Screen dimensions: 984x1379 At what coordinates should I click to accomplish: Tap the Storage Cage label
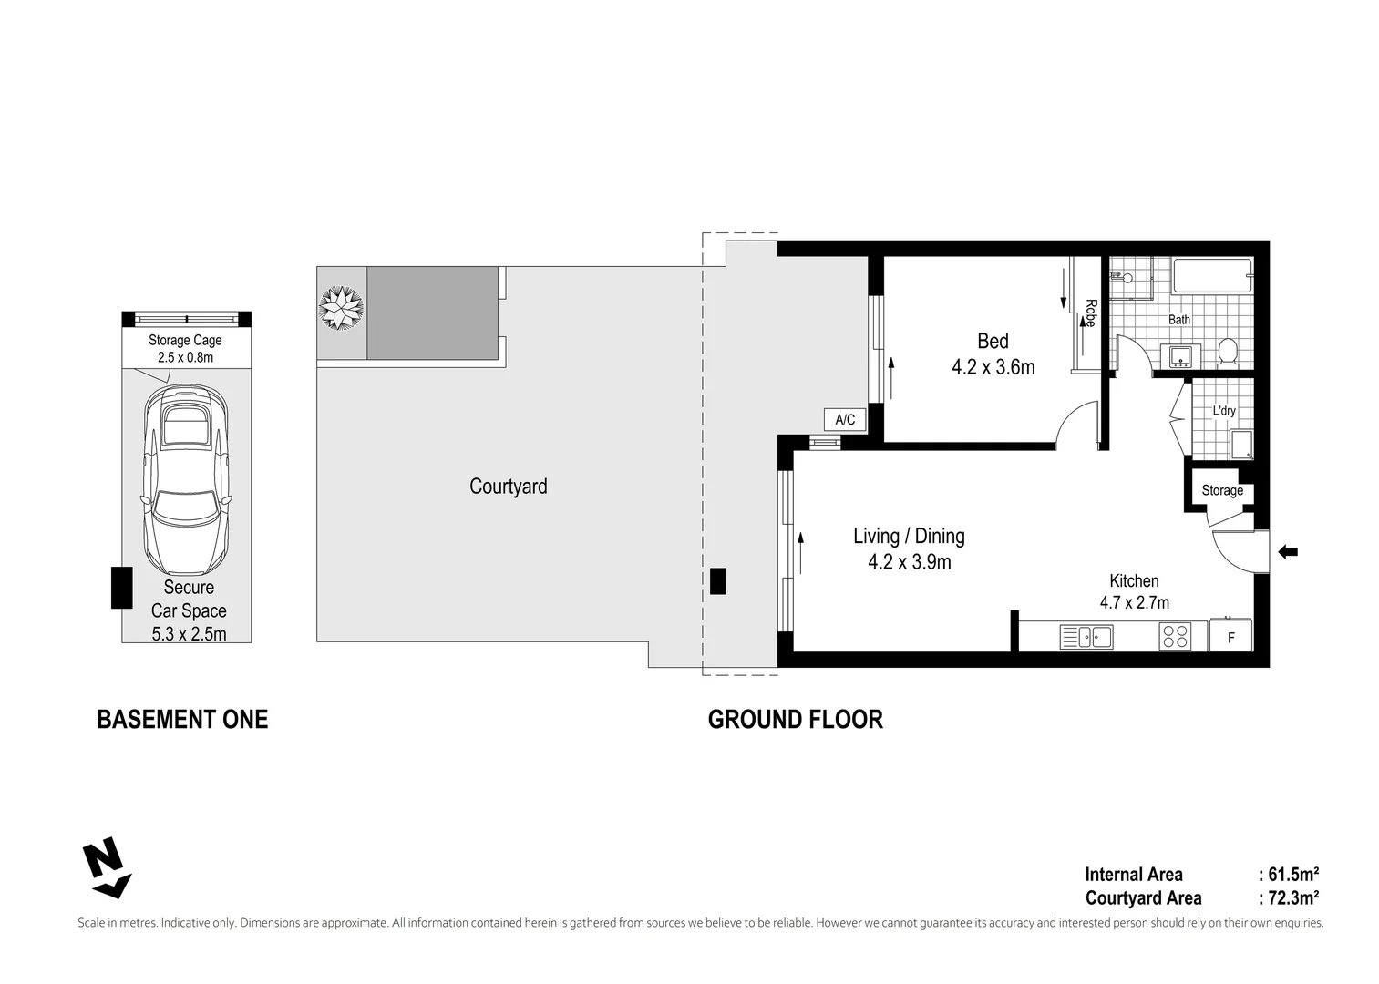click(185, 340)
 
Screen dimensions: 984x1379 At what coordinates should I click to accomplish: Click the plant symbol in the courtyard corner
click(341, 308)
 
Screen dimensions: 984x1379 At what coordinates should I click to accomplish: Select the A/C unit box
click(845, 420)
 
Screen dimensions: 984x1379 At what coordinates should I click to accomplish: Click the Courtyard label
click(508, 487)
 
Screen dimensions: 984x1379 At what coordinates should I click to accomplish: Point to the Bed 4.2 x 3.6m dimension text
click(993, 367)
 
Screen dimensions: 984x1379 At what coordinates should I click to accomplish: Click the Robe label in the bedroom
click(1089, 313)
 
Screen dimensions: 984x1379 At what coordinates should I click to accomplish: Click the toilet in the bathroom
click(1228, 351)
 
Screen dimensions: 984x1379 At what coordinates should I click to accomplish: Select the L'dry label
click(1224, 411)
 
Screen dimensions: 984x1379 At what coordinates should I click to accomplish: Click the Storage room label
click(1221, 490)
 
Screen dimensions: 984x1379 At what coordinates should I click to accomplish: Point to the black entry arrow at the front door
click(1287, 551)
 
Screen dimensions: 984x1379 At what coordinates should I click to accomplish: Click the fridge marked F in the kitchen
click(1230, 637)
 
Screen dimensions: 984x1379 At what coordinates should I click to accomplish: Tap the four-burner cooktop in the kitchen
click(1175, 636)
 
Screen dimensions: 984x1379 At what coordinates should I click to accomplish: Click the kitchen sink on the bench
click(1086, 637)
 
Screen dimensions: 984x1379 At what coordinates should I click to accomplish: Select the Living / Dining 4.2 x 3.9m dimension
click(909, 562)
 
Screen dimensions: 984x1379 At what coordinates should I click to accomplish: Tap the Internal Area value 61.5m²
click(1292, 875)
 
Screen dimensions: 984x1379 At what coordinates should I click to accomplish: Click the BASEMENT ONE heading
click(182, 720)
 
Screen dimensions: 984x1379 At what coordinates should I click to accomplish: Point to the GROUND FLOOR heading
click(795, 720)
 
